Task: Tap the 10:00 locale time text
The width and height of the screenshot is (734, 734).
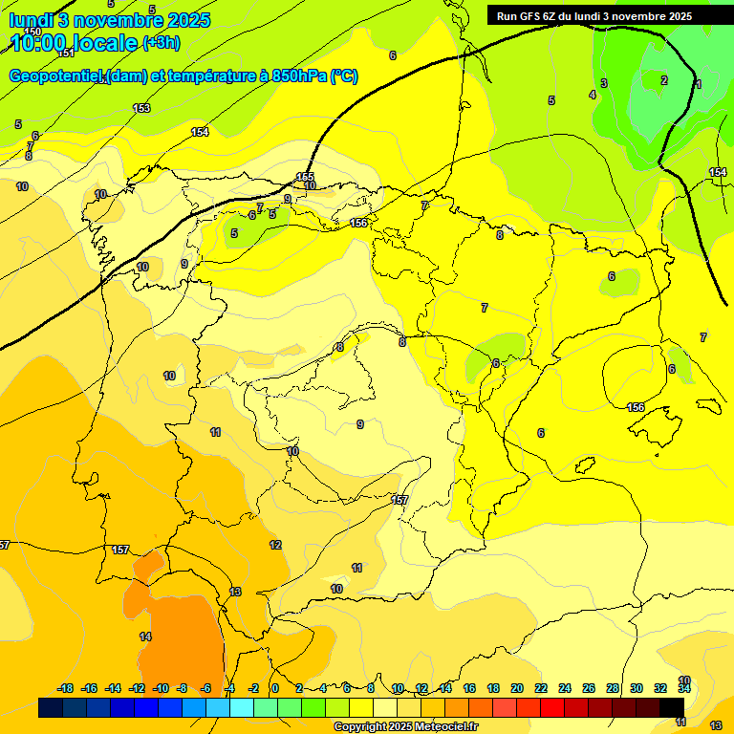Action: click(73, 43)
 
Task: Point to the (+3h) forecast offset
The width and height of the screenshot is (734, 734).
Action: click(161, 43)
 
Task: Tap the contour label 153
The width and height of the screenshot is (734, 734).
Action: click(141, 108)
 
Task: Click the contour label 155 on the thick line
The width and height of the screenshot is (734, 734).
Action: click(305, 177)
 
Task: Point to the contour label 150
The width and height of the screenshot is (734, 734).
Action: click(32, 32)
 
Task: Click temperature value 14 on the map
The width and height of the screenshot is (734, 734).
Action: click(145, 637)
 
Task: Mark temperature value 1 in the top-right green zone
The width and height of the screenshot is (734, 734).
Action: click(698, 85)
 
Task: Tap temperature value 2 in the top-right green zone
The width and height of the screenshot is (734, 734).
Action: click(664, 80)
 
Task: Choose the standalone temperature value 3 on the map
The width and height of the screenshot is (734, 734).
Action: click(603, 84)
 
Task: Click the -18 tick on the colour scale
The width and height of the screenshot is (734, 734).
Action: click(66, 688)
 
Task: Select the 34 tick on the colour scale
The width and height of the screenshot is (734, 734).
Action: click(684, 688)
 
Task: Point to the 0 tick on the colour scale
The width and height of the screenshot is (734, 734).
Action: click(274, 688)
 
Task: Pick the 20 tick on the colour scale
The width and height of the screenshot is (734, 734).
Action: click(516, 688)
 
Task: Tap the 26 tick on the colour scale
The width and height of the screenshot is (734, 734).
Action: click(588, 688)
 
